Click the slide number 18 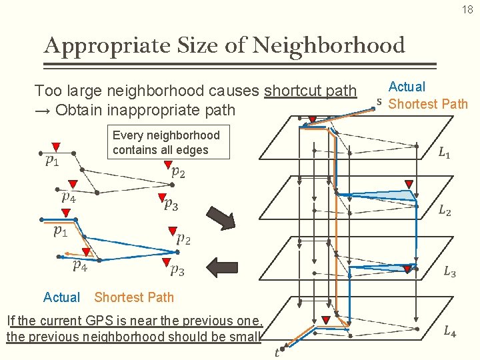467,9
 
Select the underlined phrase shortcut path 311,91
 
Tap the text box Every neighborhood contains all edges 166,143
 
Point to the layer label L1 444,154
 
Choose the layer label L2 445,211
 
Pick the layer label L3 450,272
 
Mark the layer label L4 450,331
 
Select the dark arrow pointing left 222,267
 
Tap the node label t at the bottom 277,351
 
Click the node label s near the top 379,102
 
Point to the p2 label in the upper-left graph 178,173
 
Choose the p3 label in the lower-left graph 177,270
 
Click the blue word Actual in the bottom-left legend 61,297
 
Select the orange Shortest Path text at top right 428,103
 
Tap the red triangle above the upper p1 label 56,147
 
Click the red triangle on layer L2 409,185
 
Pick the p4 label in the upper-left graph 69,197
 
